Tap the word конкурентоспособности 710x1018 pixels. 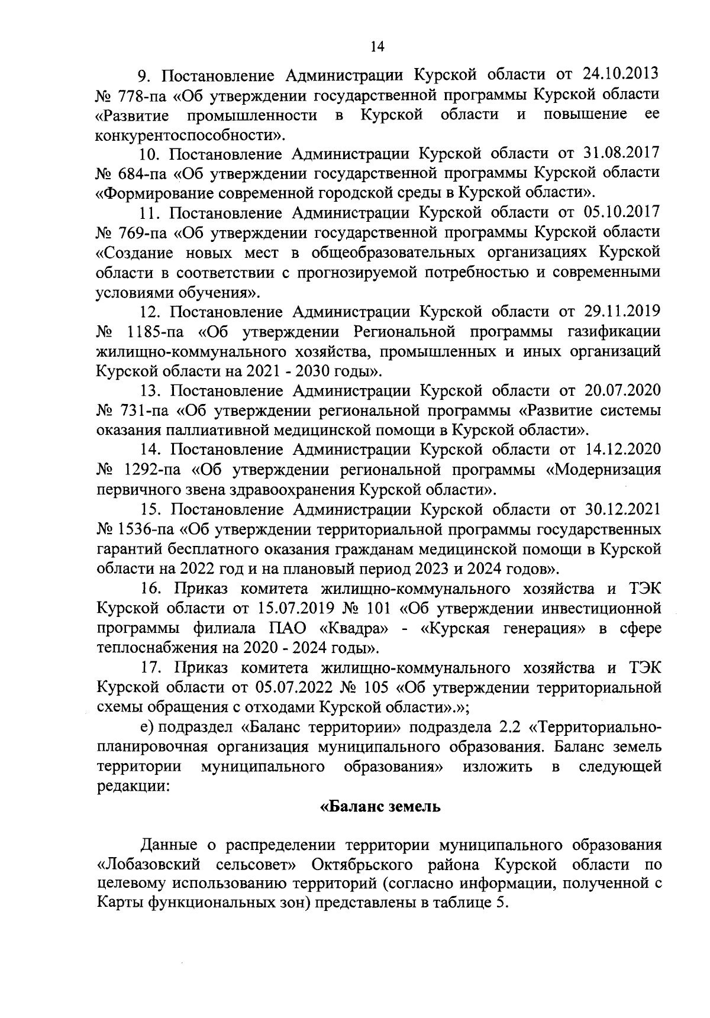tap(184, 135)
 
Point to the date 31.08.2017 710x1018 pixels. tap(622, 154)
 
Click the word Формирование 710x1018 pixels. tap(158, 193)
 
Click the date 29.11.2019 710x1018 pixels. tap(622, 312)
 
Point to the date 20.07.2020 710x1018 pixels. tap(622, 391)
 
